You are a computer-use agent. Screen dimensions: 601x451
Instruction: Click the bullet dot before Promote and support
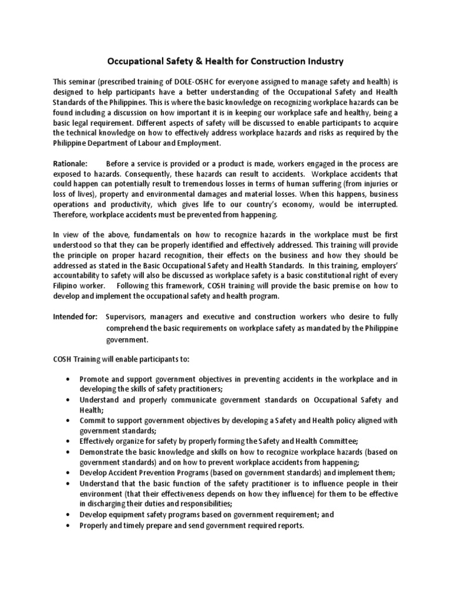click(x=70, y=379)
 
